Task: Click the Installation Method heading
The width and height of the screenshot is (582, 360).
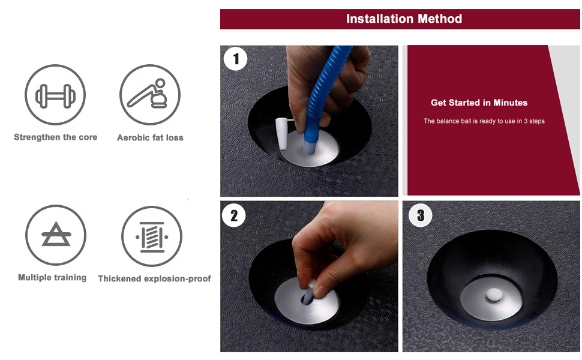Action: click(x=404, y=19)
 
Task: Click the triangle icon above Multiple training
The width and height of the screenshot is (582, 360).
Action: click(x=56, y=234)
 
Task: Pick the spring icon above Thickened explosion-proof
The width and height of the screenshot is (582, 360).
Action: click(x=151, y=237)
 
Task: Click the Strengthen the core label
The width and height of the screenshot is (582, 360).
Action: click(x=56, y=137)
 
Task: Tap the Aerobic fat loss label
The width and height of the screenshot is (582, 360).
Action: click(x=151, y=137)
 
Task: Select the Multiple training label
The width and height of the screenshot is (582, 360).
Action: click(x=52, y=278)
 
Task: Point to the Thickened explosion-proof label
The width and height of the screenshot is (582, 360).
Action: click(x=154, y=278)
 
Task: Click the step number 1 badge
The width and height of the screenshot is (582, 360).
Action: click(x=235, y=59)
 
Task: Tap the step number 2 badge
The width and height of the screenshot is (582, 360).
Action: click(x=234, y=215)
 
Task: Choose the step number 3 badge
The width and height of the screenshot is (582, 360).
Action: click(x=421, y=215)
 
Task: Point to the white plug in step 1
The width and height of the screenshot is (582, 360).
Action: click(x=283, y=134)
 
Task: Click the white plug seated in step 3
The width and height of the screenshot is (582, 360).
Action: click(x=494, y=295)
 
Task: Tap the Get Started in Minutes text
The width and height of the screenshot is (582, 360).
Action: click(x=479, y=103)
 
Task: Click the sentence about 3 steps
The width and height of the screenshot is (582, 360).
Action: click(x=484, y=121)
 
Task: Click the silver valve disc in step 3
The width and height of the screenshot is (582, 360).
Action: click(x=491, y=299)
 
